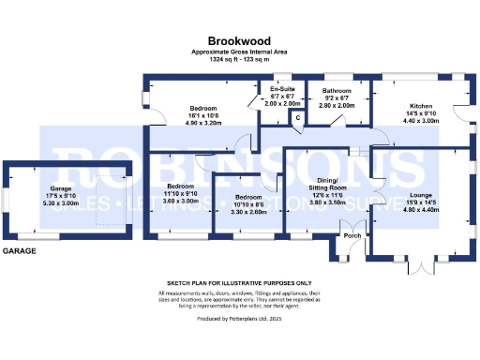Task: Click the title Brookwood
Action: pos(239,41)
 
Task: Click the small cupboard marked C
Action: pos(296,117)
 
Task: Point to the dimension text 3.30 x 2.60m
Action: pos(247,212)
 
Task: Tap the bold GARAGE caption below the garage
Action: pos(19,251)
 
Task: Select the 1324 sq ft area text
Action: pos(239,59)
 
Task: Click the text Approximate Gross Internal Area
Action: pos(239,52)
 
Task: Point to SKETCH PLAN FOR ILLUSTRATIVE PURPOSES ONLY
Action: pos(239,282)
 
